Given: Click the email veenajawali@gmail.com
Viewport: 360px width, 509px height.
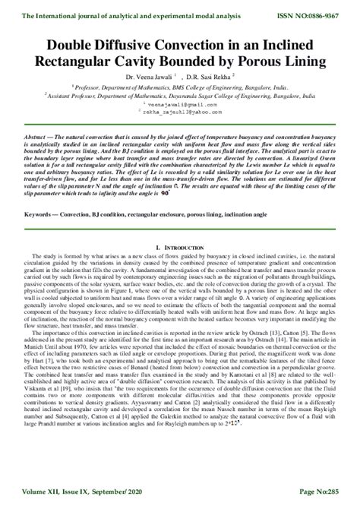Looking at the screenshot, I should coord(180,104).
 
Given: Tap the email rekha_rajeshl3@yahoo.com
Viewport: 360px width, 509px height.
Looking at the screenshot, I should coord(181,112).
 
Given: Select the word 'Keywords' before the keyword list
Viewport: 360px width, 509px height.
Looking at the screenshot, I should coord(36,193).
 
